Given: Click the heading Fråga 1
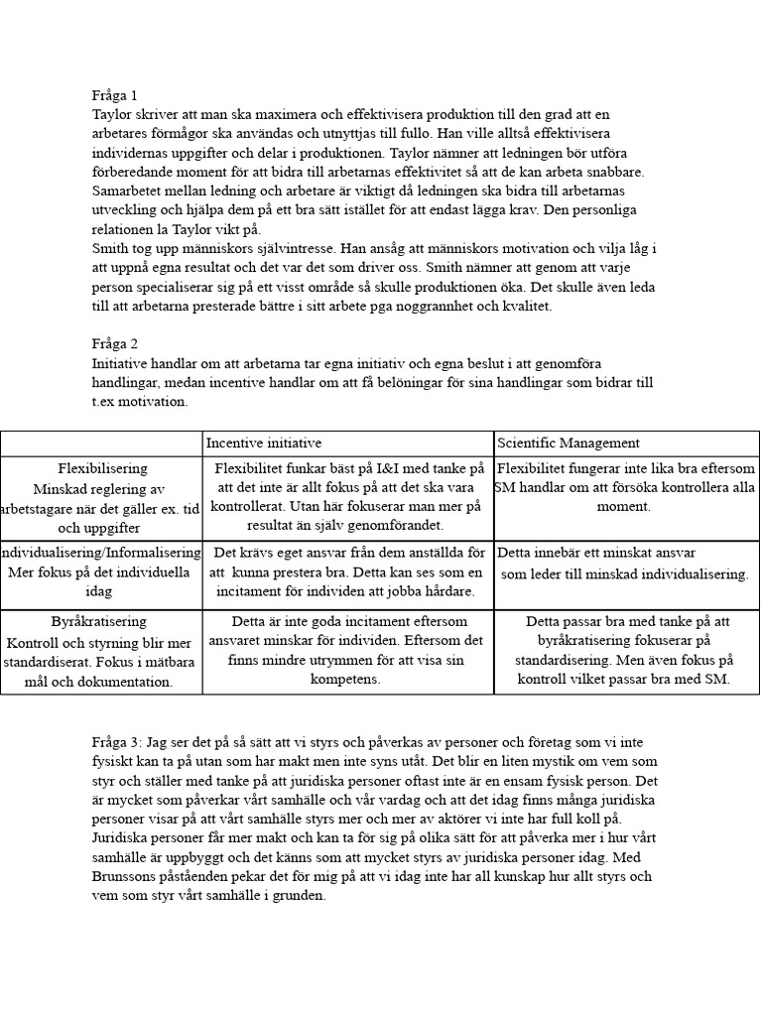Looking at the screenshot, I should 114,95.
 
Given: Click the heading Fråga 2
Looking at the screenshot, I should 114,343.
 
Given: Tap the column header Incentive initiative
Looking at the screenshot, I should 263,443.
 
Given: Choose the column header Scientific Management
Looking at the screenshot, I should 569,443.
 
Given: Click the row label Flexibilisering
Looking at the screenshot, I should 103,468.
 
